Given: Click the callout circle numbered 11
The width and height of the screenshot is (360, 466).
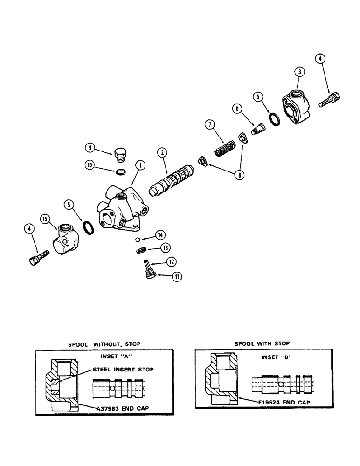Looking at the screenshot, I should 177,276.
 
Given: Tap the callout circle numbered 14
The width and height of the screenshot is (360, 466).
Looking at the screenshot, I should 161,234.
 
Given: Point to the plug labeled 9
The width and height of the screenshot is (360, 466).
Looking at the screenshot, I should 121,152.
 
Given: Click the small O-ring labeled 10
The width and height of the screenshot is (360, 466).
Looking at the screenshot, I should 120,172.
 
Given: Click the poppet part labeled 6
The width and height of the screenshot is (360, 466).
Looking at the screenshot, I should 256,129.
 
